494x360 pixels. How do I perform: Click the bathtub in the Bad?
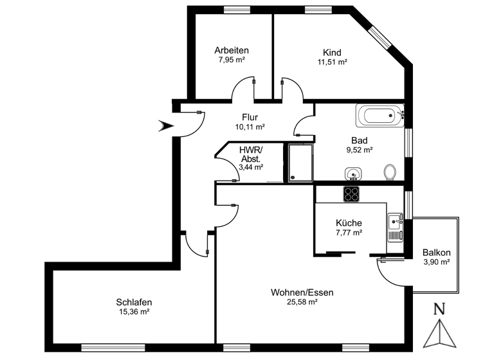377,116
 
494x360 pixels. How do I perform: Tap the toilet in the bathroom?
389,172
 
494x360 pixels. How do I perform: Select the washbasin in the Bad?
352,173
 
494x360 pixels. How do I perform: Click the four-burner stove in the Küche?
351,194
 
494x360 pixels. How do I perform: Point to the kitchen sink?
394,226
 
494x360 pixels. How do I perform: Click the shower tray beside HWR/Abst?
300,162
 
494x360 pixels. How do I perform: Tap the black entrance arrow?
166,127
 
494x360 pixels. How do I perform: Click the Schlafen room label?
134,302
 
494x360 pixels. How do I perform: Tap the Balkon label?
436,253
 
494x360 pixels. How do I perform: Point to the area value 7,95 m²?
232,59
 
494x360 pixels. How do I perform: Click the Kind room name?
332,53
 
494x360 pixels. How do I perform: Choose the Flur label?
250,117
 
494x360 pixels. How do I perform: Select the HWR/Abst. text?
251,154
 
